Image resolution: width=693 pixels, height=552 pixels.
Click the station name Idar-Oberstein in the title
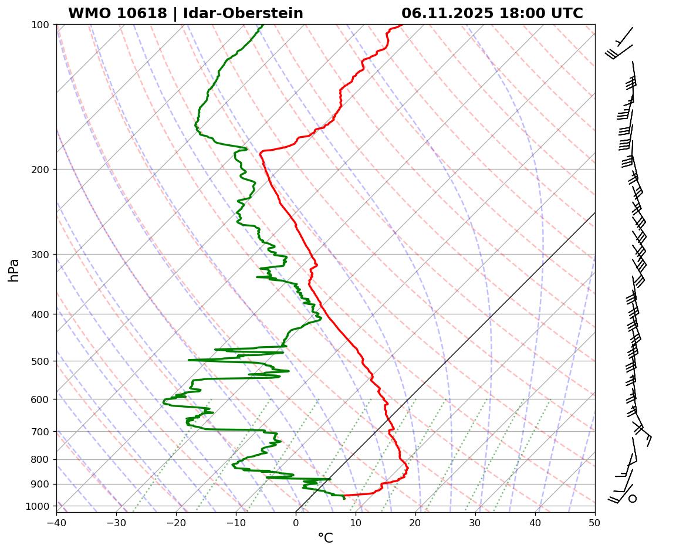(x=243, y=13)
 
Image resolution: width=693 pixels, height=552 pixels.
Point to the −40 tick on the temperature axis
(x=56, y=521)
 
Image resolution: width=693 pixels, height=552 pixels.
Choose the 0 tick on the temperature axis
(x=296, y=521)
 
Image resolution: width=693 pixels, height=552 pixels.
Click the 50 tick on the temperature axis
(x=595, y=521)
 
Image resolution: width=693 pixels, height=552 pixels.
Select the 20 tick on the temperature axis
(x=415, y=521)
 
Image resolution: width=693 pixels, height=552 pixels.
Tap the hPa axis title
(x=13, y=270)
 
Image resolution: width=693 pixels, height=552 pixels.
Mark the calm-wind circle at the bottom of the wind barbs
(x=632, y=499)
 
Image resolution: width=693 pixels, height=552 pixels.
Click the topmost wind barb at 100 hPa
(x=623, y=37)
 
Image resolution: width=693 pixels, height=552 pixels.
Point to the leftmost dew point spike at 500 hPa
(x=189, y=360)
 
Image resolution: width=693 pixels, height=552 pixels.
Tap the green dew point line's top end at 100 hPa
(x=262, y=25)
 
